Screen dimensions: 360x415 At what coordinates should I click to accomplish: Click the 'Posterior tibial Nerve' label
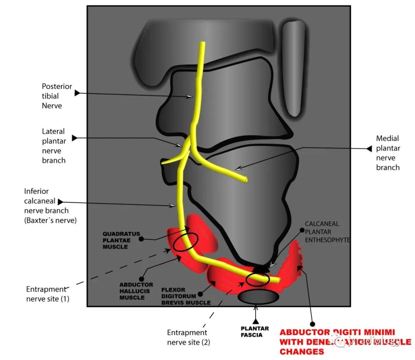(56, 96)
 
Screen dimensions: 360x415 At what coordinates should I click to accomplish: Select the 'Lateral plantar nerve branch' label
(54, 146)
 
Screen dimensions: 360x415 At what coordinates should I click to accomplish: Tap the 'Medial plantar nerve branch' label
(388, 153)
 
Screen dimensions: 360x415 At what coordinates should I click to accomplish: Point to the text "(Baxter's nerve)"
(50, 220)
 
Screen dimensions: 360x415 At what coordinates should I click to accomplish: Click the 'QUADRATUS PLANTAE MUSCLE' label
(121, 240)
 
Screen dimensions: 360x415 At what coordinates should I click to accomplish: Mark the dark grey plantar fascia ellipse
(258, 297)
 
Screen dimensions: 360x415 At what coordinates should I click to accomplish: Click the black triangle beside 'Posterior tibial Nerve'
(77, 93)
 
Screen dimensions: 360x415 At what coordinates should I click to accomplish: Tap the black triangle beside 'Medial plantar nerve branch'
(369, 148)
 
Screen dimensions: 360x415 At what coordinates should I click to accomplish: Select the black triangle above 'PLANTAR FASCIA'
(256, 321)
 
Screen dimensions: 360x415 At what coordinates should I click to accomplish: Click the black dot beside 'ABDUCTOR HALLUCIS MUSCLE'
(141, 279)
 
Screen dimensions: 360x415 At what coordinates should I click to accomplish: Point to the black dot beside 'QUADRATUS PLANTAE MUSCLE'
(141, 239)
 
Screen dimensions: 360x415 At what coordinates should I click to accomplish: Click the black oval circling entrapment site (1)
(186, 242)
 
